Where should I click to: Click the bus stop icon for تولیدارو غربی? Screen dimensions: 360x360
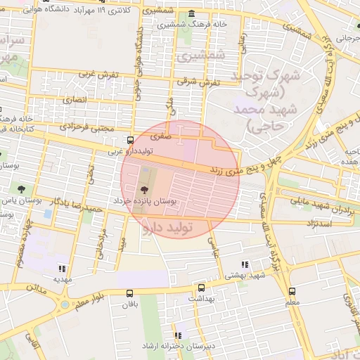[129, 140]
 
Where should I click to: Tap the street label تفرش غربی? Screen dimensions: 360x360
[96, 73]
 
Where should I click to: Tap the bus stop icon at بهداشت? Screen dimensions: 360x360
[202, 288]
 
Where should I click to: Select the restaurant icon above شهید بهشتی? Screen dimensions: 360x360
[245, 265]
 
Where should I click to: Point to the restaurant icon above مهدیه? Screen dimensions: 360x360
[62, 268]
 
